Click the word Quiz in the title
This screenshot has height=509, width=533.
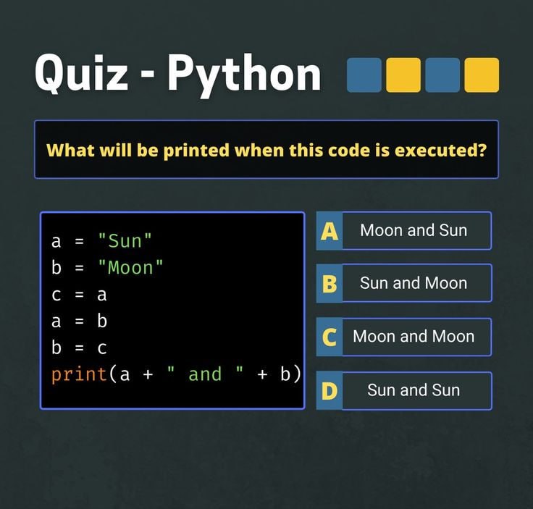tap(82, 74)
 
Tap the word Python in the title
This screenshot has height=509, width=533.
tap(244, 75)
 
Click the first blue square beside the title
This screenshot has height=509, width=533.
tap(364, 75)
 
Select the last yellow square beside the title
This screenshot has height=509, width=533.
tap(482, 75)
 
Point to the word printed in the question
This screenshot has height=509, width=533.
tap(196, 151)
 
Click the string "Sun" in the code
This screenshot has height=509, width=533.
tap(125, 241)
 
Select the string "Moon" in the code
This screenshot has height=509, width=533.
tap(130, 267)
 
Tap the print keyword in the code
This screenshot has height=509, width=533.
tap(79, 375)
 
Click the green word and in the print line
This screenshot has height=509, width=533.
tap(205, 374)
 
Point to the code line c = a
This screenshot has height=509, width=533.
tap(79, 295)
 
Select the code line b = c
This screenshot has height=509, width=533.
tap(79, 348)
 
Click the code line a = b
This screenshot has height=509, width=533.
tap(79, 321)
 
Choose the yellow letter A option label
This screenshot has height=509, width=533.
tap(330, 231)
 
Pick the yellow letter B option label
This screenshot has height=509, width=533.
tap(330, 284)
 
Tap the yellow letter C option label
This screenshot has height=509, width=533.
tap(330, 337)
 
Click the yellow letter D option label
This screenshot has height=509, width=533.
tap(330, 391)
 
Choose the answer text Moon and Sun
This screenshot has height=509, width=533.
tap(414, 230)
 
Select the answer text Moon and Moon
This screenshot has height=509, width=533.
tap(414, 337)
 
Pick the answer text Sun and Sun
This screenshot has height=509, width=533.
tap(414, 390)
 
